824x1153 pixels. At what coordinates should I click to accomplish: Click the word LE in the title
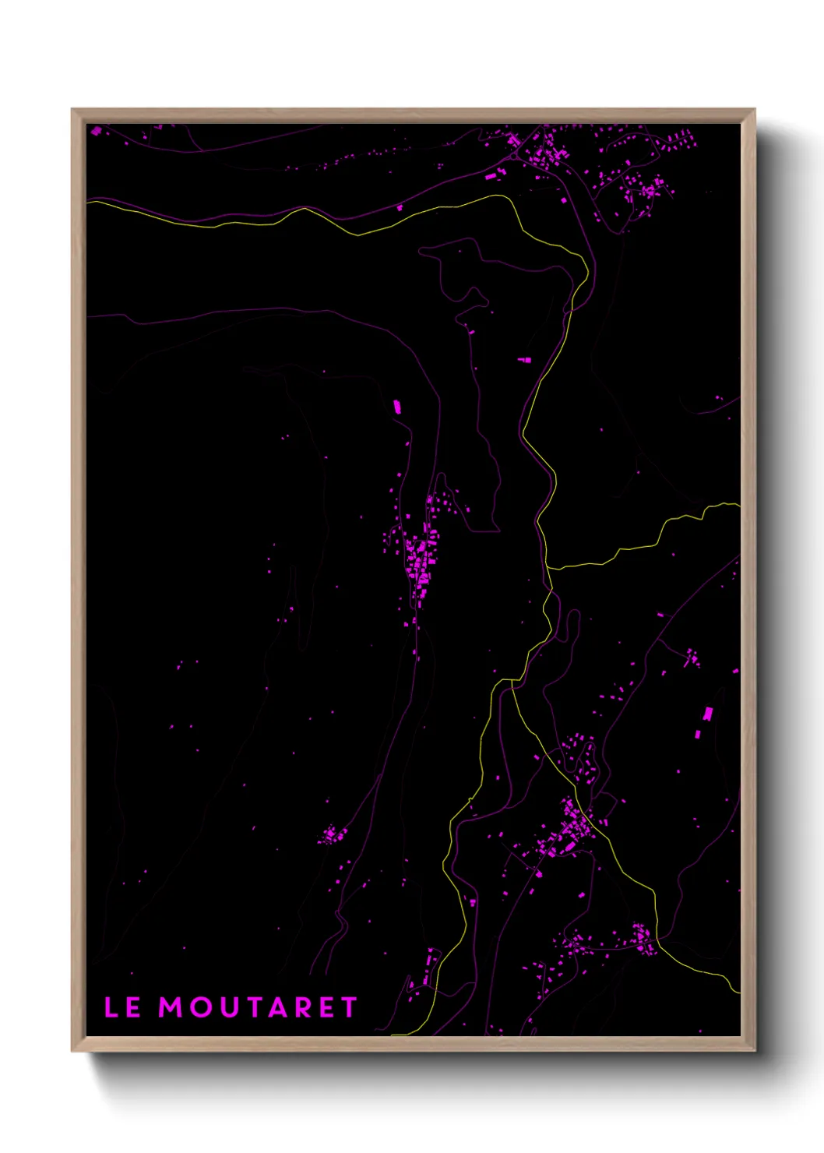point(122,1007)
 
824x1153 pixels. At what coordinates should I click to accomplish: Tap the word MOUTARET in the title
point(258,1007)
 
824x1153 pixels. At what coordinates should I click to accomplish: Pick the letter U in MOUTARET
point(226,1007)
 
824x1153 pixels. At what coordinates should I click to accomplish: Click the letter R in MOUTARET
point(302,1007)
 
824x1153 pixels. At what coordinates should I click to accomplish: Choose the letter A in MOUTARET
point(276,1007)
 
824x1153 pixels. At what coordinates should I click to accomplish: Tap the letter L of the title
point(111,1007)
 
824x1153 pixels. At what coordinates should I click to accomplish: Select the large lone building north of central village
point(396,406)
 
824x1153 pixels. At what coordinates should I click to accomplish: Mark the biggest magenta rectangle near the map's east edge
point(707,714)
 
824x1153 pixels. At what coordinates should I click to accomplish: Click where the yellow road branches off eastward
point(548,567)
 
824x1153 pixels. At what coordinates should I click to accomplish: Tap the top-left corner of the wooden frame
point(72,110)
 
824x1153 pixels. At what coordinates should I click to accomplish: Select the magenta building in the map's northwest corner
point(97,131)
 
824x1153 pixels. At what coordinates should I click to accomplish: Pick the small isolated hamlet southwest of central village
point(333,835)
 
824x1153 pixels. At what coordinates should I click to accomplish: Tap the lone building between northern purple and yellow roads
point(400,207)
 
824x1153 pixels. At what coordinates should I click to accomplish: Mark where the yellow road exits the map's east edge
point(738,505)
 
